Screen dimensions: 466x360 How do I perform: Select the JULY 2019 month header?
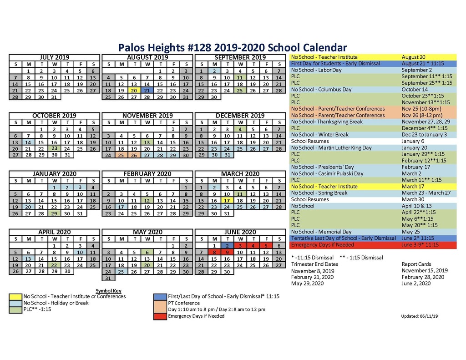pos(54,57)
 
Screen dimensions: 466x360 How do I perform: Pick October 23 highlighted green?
pos(54,148)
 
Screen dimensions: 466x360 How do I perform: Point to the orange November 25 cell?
pos(121,155)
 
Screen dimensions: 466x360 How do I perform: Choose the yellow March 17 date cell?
pos(227,200)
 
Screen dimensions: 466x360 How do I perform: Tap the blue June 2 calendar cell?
pos(227,246)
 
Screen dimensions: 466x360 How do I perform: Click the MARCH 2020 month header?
pos(240,174)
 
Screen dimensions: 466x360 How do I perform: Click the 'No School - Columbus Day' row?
pos(321,90)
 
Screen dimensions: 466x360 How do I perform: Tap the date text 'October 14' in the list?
pos(415,90)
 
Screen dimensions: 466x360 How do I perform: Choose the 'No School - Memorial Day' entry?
pos(321,232)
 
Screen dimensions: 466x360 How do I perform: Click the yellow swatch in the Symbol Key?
pos(15,296)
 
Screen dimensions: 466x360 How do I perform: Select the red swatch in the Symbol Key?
pos(160,316)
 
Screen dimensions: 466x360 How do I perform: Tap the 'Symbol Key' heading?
pos(108,291)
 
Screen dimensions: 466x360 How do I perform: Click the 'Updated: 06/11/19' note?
pos(419,316)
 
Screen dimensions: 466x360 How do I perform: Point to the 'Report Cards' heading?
pos(417,264)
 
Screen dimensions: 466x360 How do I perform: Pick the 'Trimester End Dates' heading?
pos(314,264)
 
